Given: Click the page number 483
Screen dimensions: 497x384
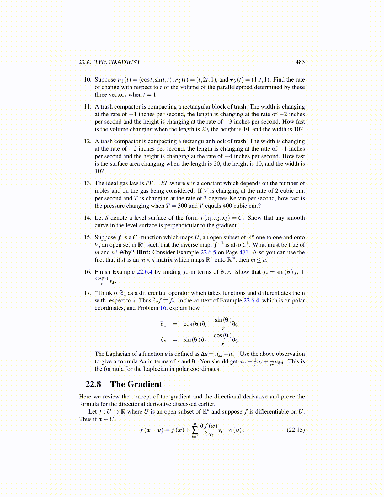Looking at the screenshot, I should [x=300, y=62].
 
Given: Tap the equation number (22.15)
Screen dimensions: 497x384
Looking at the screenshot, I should [x=296, y=430].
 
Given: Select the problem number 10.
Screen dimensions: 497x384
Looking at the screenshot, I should [x=88, y=80].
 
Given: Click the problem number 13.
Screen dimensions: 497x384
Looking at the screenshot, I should [x=88, y=183].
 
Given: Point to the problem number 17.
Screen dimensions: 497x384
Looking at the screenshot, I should [x=88, y=293].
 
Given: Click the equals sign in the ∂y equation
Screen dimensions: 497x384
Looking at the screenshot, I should [x=175, y=340].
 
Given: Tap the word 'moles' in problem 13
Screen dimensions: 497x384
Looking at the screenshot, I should [x=102, y=191].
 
